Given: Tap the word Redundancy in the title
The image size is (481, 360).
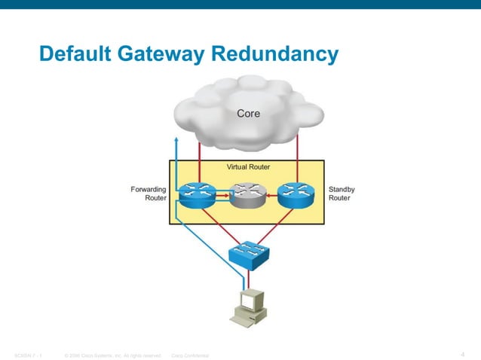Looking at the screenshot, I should tap(274, 54).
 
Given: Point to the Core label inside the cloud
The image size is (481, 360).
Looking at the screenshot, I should tap(249, 114).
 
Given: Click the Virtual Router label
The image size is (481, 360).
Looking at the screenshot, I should tap(248, 167).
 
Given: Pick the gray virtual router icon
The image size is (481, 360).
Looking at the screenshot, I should tap(248, 197).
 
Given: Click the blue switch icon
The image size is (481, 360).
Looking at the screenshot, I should tap(248, 253).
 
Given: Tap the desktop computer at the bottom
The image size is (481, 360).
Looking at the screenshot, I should tap(248, 308).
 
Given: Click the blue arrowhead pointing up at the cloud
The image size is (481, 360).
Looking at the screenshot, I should tap(176, 140).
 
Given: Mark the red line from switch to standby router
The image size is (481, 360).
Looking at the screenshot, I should tap(275, 225).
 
